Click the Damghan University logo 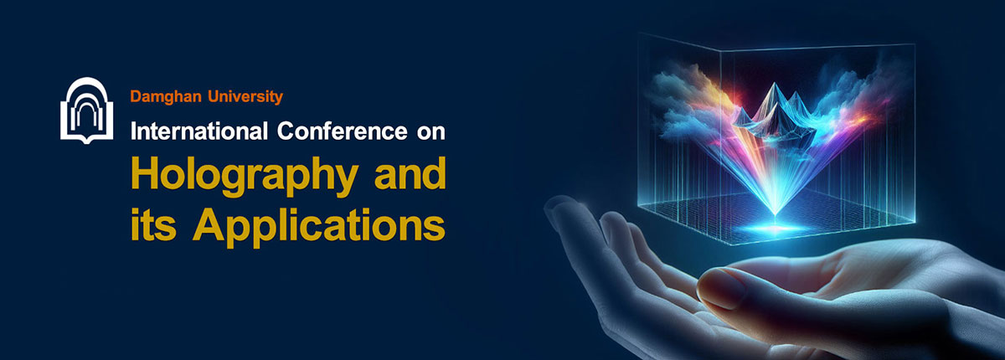(86, 111)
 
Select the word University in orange (245, 97)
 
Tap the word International (199, 131)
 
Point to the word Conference (342, 131)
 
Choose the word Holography (245, 177)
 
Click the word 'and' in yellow (410, 173)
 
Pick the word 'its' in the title (153, 224)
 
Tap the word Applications (319, 227)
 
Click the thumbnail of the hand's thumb (720, 287)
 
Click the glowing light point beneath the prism (775, 229)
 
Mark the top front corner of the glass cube (720, 51)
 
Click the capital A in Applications (209, 224)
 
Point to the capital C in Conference (286, 131)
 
